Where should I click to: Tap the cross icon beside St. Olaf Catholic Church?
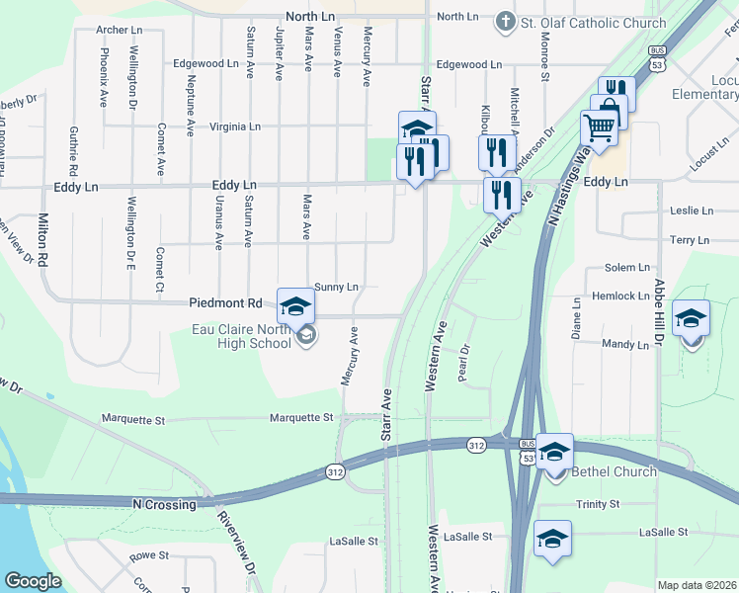pos(506,20)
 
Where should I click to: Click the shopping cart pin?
pos(599,127)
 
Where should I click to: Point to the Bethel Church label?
pos(615,471)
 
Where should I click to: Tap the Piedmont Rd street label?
pos(226,303)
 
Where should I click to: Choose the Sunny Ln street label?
pos(336,287)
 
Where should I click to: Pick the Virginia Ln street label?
pos(234,127)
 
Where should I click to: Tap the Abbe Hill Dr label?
pos(658,312)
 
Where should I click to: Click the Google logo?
pos(33,581)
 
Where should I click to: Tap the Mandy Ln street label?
pos(625,344)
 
